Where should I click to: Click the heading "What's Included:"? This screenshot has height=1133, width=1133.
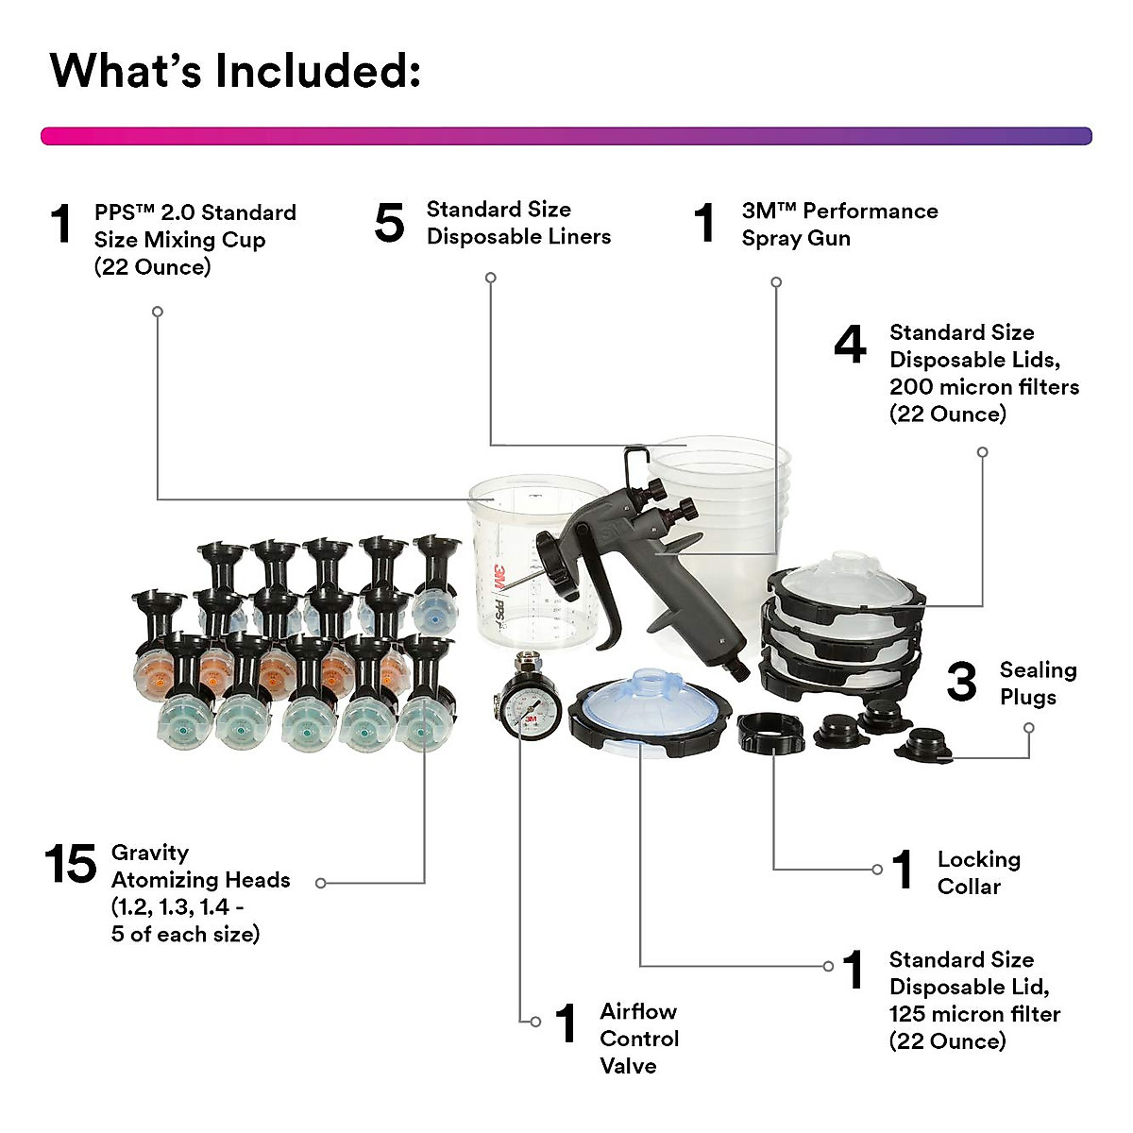[234, 71]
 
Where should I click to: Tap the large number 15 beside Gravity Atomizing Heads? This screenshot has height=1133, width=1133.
[71, 865]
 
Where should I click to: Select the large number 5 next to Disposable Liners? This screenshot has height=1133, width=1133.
[389, 224]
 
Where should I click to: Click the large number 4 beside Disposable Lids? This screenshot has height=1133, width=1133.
[850, 346]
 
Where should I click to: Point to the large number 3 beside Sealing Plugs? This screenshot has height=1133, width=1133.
[961, 683]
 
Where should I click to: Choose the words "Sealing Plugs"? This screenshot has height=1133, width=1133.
[1038, 684]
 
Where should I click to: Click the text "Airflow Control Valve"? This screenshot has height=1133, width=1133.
[639, 1039]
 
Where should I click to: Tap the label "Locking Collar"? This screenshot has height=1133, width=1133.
[978, 873]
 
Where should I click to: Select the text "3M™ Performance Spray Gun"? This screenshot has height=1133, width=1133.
[839, 225]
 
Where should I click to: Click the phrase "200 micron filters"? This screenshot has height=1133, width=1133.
[984, 387]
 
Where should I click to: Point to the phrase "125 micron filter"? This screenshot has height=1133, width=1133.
[974, 1014]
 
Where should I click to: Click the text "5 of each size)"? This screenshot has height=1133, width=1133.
[185, 935]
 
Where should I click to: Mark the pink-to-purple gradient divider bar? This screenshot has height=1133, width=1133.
[566, 136]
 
